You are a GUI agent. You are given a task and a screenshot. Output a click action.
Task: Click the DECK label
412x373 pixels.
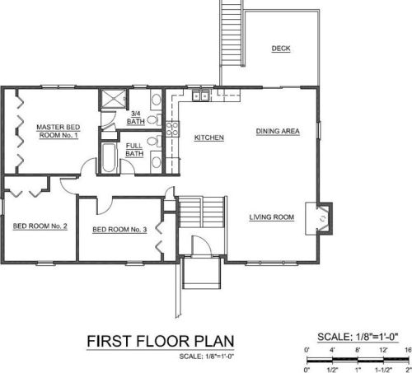tap(282, 49)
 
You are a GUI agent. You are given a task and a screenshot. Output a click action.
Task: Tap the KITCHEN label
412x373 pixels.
tap(209, 138)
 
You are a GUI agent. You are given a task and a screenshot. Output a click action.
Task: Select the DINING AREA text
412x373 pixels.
tap(277, 131)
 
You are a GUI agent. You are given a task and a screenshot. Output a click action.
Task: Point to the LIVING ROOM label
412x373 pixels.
tap(272, 217)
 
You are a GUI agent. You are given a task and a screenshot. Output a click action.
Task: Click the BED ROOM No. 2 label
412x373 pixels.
tap(40, 226)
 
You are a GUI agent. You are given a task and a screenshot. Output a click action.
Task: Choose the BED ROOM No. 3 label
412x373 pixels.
tap(119, 230)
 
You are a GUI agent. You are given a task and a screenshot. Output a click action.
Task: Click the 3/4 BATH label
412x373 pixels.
tap(135, 118)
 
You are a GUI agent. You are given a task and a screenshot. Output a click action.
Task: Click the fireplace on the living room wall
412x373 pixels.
tap(321, 218)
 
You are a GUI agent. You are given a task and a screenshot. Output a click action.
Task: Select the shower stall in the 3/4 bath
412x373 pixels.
tap(110, 100)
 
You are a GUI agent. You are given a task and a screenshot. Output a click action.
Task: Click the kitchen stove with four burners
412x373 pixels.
tap(173, 128)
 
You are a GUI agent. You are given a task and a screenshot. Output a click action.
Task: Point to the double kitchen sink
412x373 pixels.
tap(199, 97)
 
